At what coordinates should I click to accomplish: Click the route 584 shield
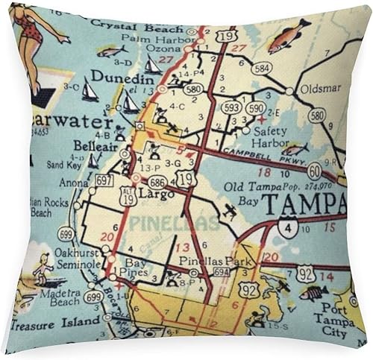pos(261,68)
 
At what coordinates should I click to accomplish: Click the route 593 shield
pos(231,107)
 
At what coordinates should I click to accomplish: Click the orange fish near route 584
pos(289,35)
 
